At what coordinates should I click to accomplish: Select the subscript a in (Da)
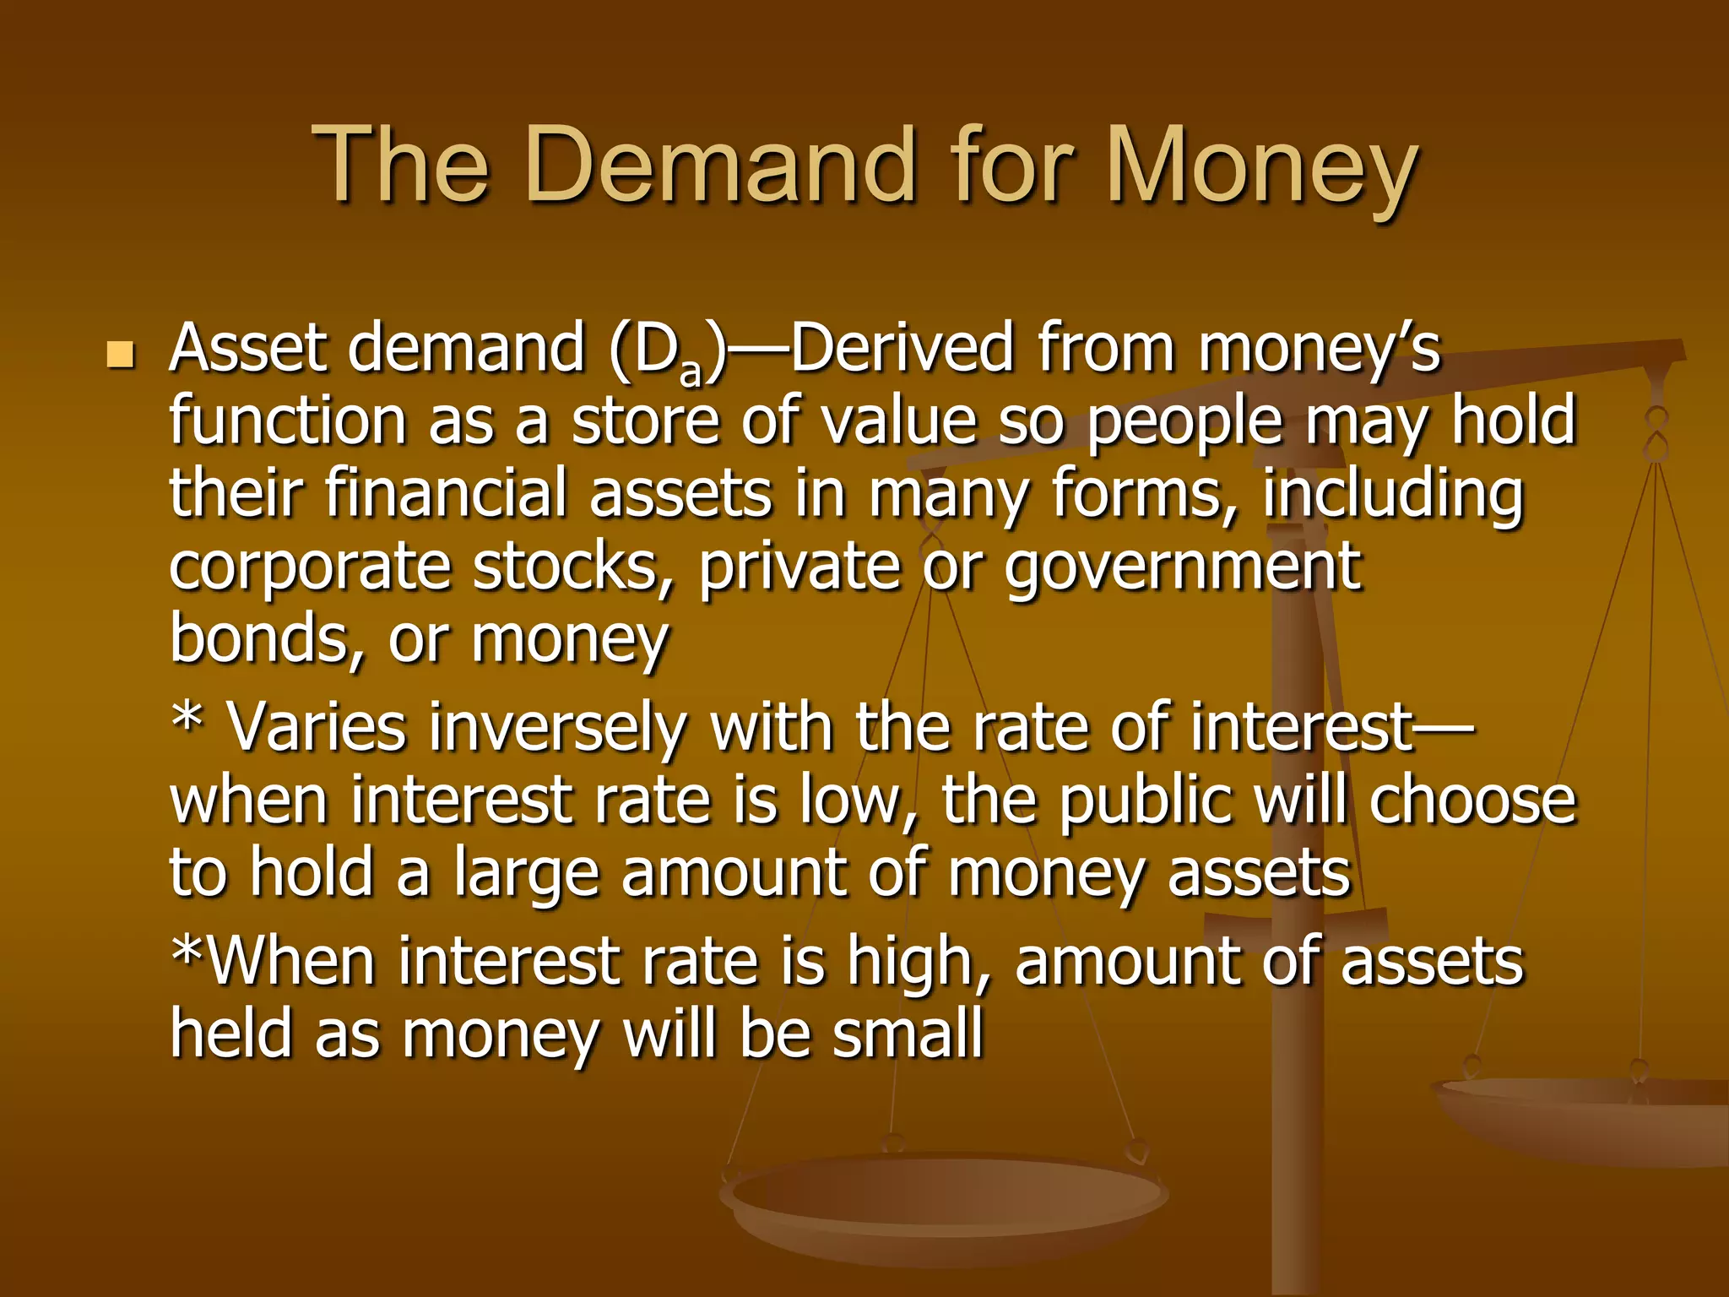click(691, 372)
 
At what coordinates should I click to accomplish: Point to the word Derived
click(902, 347)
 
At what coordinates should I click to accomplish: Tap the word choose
click(1472, 800)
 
